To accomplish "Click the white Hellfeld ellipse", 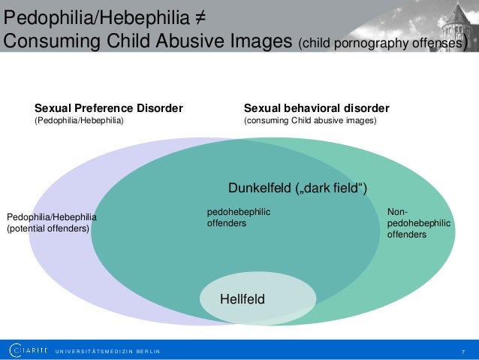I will pos(242,300).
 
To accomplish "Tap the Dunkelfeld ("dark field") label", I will pos(297,187).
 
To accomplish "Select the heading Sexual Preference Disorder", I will pos(109,108).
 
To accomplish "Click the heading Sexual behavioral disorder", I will pos(317,108).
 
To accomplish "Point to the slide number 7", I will pos(463,351).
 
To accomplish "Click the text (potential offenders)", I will pos(47,228).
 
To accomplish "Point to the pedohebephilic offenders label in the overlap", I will pos(239,218).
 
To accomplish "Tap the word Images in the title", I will pos(255,41).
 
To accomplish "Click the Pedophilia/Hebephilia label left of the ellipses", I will pos(52,217).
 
